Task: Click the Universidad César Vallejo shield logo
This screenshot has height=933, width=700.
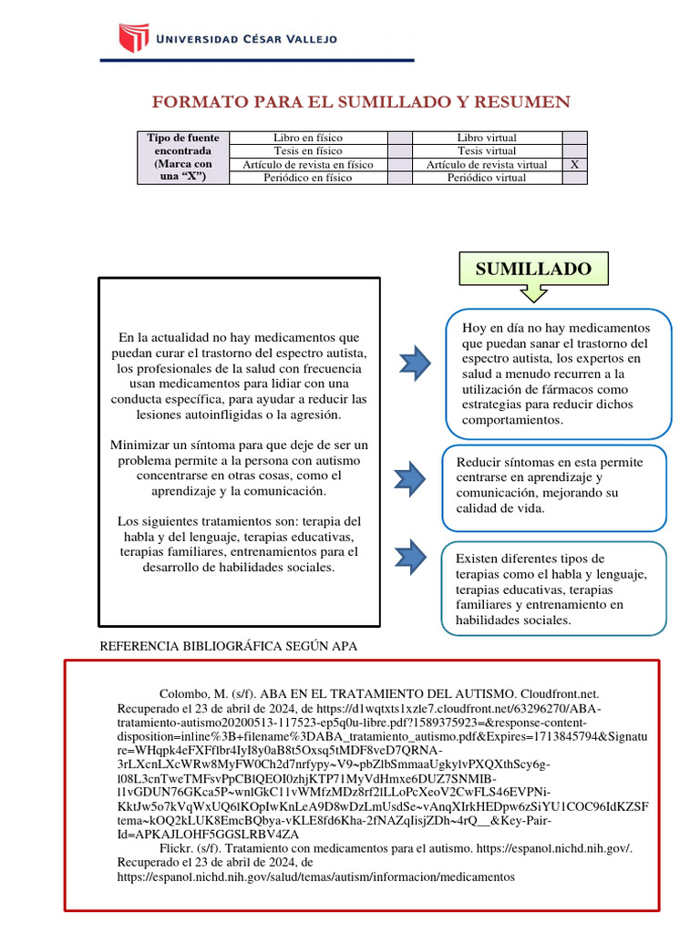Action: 133,39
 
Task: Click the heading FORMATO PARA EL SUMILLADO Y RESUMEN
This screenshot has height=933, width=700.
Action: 361,101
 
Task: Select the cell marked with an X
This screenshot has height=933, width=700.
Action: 574,165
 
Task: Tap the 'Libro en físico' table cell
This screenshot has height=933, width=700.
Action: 308,138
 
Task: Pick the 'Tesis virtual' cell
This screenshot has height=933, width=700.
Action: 487,151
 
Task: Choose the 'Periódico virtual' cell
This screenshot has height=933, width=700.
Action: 487,179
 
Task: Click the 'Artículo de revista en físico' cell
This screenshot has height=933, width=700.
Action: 308,165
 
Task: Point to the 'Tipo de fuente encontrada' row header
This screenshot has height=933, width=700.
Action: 183,158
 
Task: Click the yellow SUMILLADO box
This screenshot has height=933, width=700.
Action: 533,269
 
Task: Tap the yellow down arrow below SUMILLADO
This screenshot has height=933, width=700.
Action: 532,293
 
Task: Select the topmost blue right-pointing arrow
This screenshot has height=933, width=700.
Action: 417,363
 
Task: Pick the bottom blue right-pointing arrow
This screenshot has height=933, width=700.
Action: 411,556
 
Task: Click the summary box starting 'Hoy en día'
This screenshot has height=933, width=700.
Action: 558,373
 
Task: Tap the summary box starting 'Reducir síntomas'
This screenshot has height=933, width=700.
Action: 554,486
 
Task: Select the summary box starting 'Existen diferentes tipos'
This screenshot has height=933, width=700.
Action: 554,589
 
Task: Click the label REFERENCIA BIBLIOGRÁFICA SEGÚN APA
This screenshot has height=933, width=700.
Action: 228,646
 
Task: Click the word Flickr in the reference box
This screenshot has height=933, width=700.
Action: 176,847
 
